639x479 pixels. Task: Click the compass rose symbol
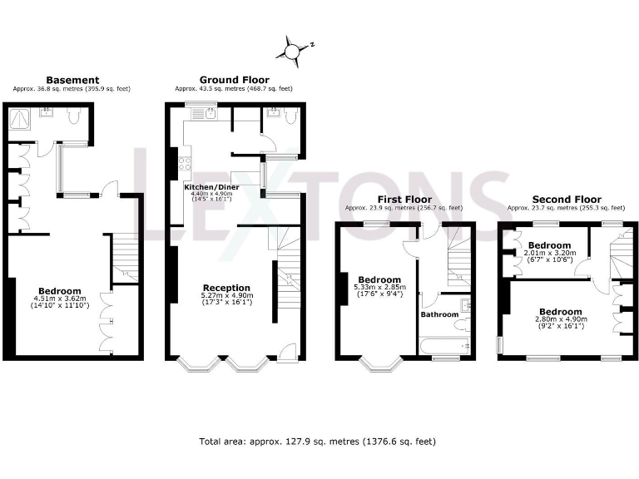tap(293, 52)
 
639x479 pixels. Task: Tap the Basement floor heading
tap(72, 80)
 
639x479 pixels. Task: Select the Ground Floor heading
tap(233, 80)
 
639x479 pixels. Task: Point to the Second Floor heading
tap(566, 200)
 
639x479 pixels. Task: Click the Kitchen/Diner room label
tap(211, 188)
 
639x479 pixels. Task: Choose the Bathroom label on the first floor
tap(438, 314)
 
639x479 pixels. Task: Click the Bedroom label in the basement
tap(55, 291)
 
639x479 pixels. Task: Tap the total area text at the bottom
tap(317, 442)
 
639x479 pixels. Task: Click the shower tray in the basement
tap(17, 122)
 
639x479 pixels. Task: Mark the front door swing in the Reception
tap(286, 351)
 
